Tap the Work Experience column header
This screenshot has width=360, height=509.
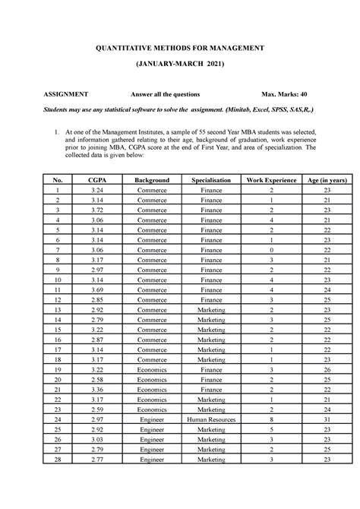270,179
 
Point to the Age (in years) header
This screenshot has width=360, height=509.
325,179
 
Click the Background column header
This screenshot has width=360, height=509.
152,179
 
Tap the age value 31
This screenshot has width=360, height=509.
325,419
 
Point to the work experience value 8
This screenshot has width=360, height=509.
270,419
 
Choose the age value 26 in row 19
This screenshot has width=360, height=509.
325,369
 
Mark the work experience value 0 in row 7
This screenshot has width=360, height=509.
270,249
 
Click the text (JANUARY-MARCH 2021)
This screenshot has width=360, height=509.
179,67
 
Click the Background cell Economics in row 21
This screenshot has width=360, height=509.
152,389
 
